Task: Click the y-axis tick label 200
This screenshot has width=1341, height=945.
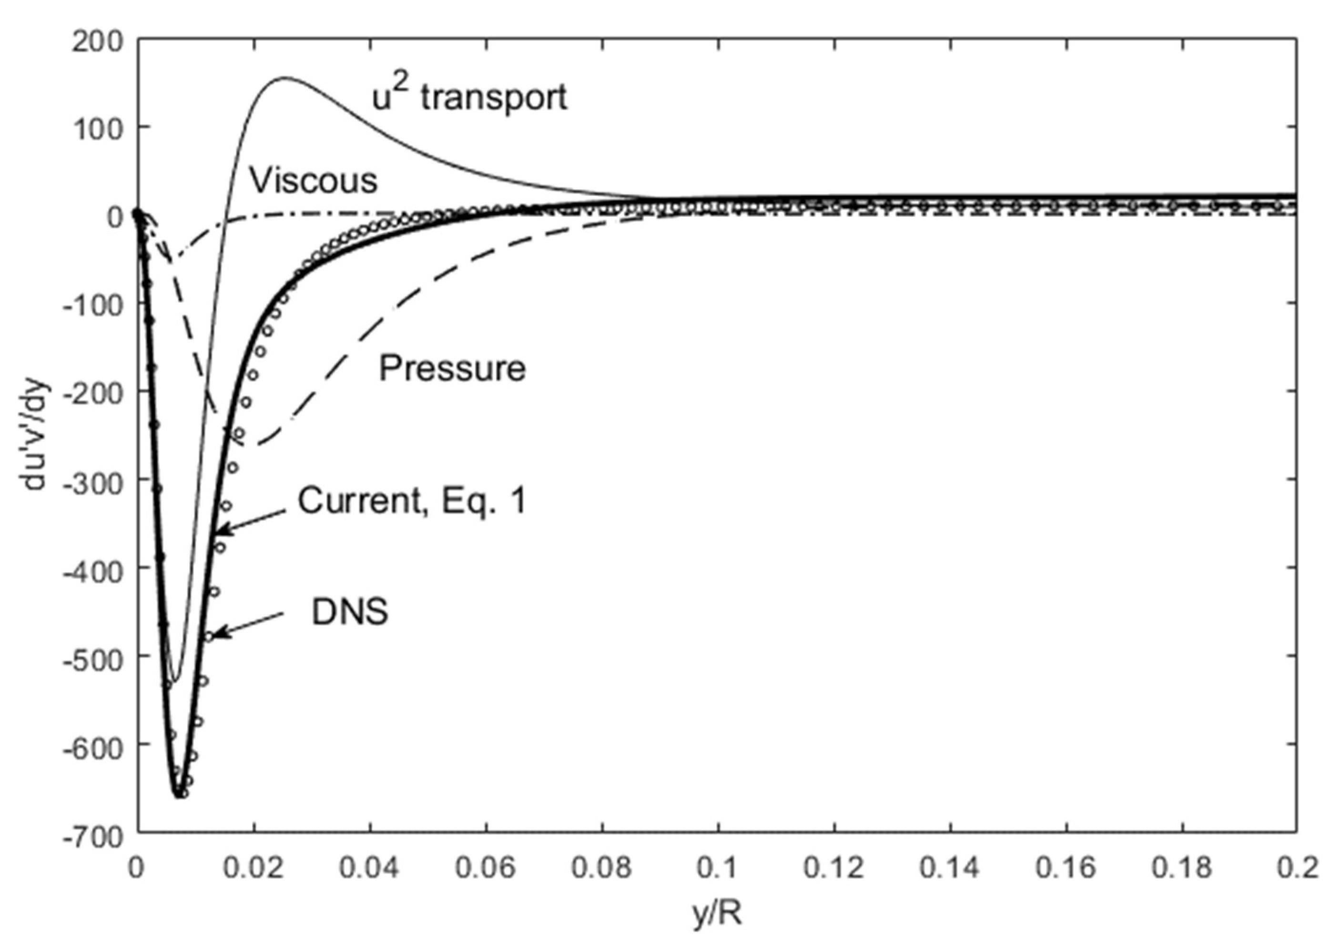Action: [x=98, y=42]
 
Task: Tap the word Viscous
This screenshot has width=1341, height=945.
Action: [x=314, y=181]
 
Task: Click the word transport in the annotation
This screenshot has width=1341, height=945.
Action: [x=494, y=98]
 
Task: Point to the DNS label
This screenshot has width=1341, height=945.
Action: [x=349, y=613]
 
